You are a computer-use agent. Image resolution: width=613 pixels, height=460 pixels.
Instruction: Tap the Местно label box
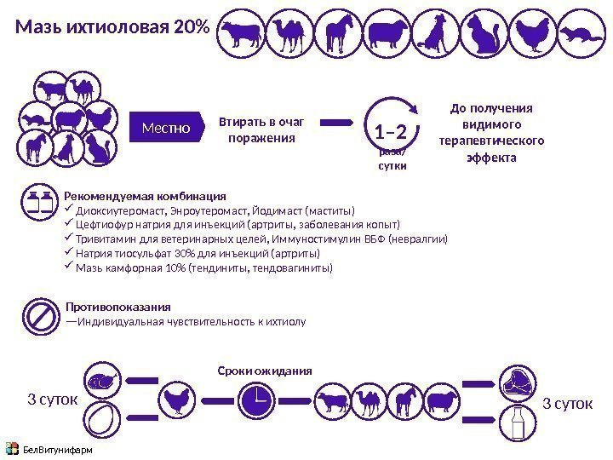[x=167, y=129]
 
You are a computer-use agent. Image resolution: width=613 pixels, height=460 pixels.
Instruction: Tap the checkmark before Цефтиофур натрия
[x=70, y=225]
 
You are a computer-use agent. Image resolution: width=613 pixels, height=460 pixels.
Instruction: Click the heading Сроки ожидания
[x=264, y=371]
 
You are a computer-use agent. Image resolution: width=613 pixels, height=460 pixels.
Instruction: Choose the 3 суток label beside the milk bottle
[x=567, y=401]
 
